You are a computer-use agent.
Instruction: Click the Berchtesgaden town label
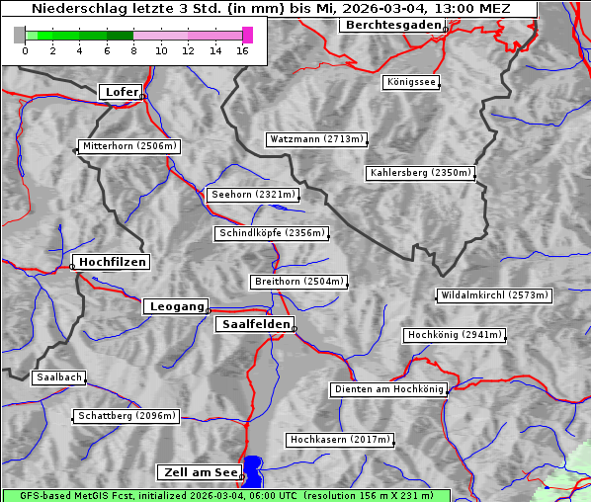pyautogui.click(x=392, y=25)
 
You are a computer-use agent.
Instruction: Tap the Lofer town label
pyautogui.click(x=122, y=92)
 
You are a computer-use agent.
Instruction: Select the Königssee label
pyautogui.click(x=412, y=82)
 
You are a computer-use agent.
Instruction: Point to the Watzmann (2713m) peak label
pyautogui.click(x=316, y=139)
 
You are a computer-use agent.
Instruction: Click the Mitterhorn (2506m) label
pyautogui.click(x=129, y=146)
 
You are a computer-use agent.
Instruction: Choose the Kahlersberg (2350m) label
pyautogui.click(x=421, y=173)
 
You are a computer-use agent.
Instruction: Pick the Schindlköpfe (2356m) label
pyautogui.click(x=271, y=233)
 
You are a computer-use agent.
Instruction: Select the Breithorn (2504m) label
pyautogui.click(x=298, y=282)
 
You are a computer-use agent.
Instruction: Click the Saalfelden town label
pyautogui.click(x=255, y=324)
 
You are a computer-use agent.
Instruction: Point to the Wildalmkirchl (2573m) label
pyautogui.click(x=493, y=295)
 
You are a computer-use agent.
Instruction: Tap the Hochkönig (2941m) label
pyautogui.click(x=455, y=335)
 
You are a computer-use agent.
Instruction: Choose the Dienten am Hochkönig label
pyautogui.click(x=388, y=389)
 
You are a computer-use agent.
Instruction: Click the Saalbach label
pyautogui.click(x=58, y=377)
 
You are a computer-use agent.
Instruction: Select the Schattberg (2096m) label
pyautogui.click(x=127, y=416)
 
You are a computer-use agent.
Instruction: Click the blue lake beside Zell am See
pyautogui.click(x=254, y=470)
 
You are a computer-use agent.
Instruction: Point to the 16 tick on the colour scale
pyautogui.click(x=243, y=49)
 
